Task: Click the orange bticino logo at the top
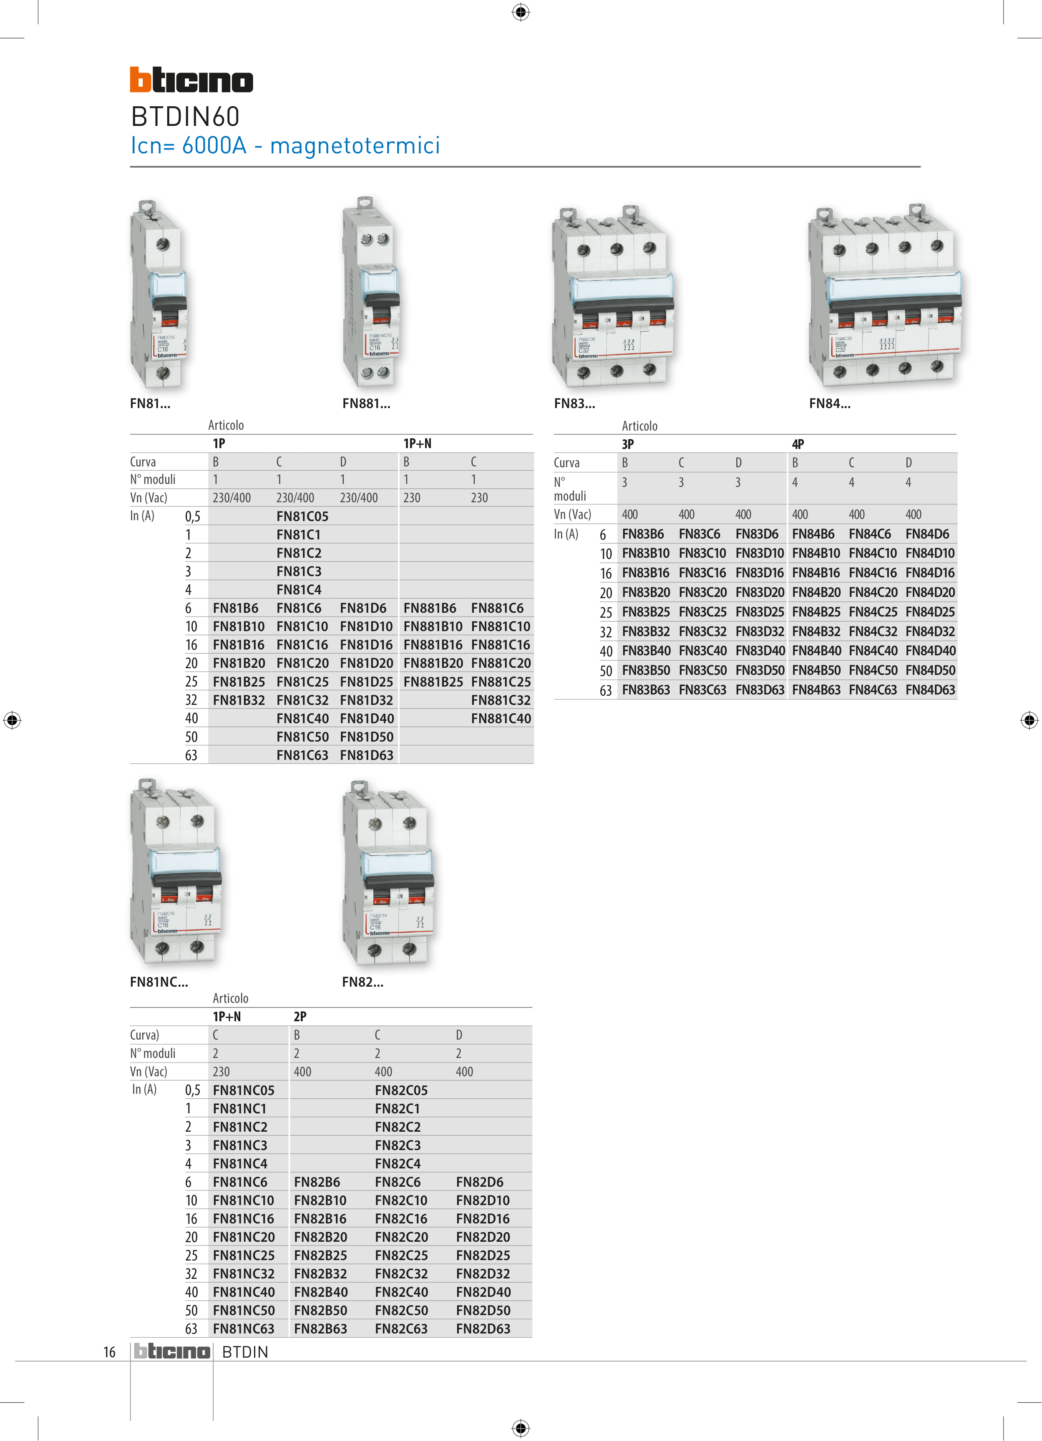tap(191, 80)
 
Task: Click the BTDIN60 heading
tap(185, 117)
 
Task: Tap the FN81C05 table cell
tap(302, 516)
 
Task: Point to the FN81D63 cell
tap(366, 755)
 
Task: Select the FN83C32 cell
tap(702, 632)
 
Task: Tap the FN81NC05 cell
tap(244, 1090)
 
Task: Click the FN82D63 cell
tap(483, 1328)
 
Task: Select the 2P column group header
tap(300, 1017)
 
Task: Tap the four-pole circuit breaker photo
tap(883, 296)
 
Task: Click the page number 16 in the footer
tap(109, 1352)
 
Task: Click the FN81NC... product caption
tap(159, 982)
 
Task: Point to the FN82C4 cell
tap(398, 1163)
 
